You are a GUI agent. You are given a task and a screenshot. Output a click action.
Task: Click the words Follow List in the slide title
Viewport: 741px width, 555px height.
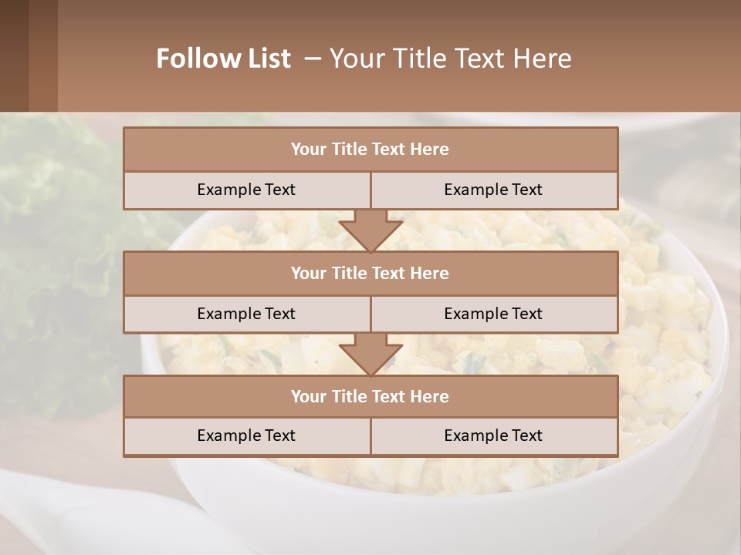pos(223,59)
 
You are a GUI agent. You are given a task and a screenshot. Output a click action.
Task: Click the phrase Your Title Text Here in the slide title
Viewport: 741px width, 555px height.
pos(450,59)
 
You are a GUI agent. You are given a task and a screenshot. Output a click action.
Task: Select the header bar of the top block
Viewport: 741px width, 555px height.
pos(370,150)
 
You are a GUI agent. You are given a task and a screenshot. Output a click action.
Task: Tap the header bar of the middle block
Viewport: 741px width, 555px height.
pos(370,273)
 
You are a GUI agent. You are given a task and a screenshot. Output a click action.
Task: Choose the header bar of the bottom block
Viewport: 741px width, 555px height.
pos(370,396)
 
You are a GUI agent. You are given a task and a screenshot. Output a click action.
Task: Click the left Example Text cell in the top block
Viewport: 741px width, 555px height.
pos(246,190)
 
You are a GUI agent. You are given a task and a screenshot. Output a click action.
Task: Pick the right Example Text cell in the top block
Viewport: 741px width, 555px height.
pos(493,190)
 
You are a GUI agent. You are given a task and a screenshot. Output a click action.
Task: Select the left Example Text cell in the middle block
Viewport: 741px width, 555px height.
pos(246,314)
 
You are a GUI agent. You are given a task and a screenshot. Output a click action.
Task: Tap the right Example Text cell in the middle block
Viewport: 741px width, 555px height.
pos(493,314)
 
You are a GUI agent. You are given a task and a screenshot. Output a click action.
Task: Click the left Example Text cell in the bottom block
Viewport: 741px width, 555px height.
pos(246,436)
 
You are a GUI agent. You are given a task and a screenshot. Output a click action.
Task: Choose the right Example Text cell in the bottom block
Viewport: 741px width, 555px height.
pos(493,436)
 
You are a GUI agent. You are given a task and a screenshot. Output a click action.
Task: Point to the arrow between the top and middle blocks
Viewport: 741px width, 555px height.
pos(370,230)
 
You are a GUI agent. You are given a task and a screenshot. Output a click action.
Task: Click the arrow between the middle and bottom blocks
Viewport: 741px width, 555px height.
pos(370,354)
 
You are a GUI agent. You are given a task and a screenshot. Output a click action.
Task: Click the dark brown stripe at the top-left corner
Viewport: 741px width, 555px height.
pos(14,55)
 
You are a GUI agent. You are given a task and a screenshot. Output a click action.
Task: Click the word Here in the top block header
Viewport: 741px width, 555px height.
pos(430,150)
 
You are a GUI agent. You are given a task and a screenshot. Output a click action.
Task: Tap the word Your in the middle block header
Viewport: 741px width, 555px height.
pos(308,273)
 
